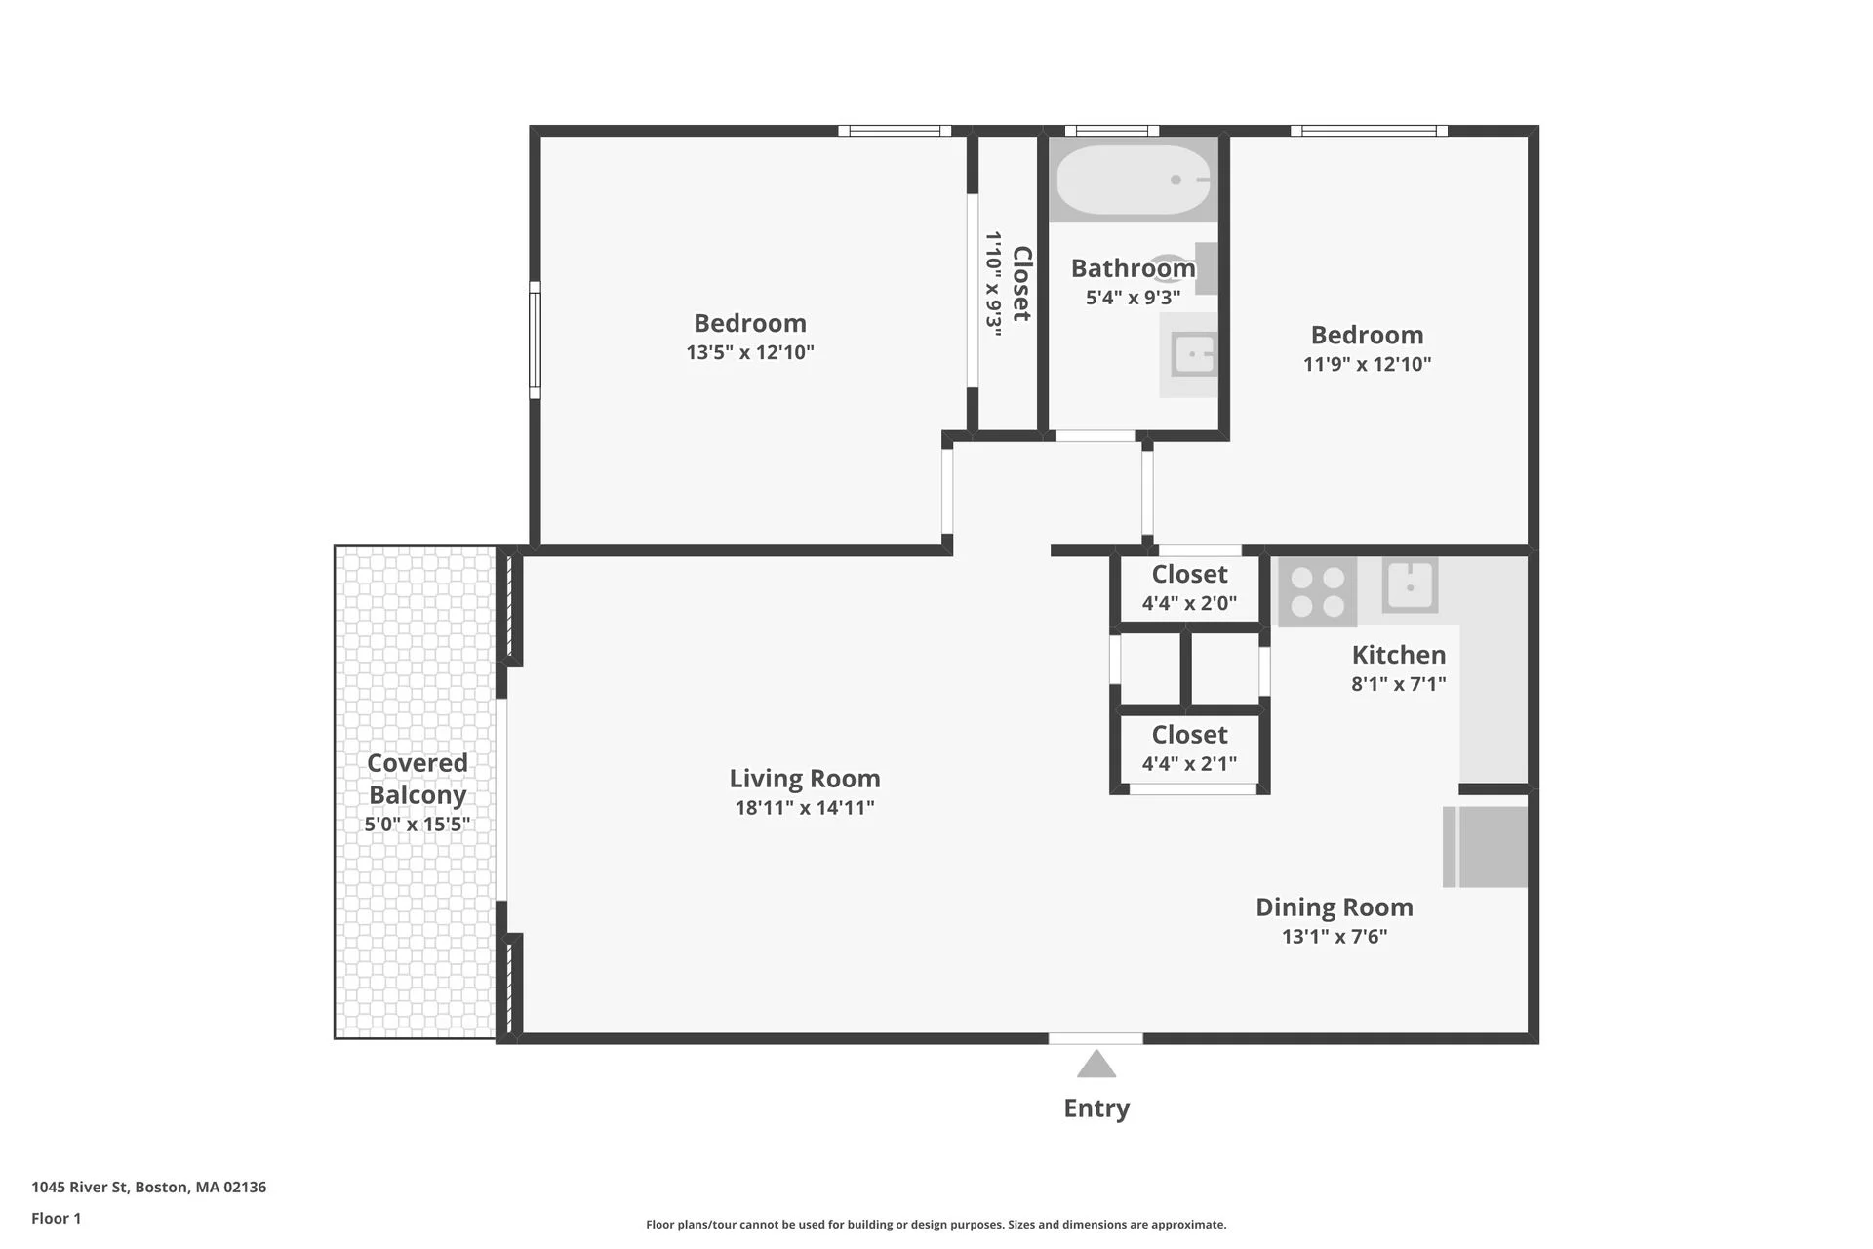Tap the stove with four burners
[1317, 591]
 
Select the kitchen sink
[1410, 585]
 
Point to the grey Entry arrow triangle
[1096, 1065]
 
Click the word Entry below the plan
[1096, 1108]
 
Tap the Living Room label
[805, 779]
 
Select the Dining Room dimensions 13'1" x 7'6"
[1334, 937]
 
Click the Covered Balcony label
[418, 779]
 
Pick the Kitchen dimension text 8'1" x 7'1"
[1398, 684]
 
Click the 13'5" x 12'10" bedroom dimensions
[749, 352]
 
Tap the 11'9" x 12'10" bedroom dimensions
[1367, 364]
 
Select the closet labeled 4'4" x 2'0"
[1189, 588]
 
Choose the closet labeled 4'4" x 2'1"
[1189, 748]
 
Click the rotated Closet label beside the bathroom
[1021, 283]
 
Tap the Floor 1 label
[57, 1218]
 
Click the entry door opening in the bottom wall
[1096, 1038]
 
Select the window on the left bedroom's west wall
[535, 340]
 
